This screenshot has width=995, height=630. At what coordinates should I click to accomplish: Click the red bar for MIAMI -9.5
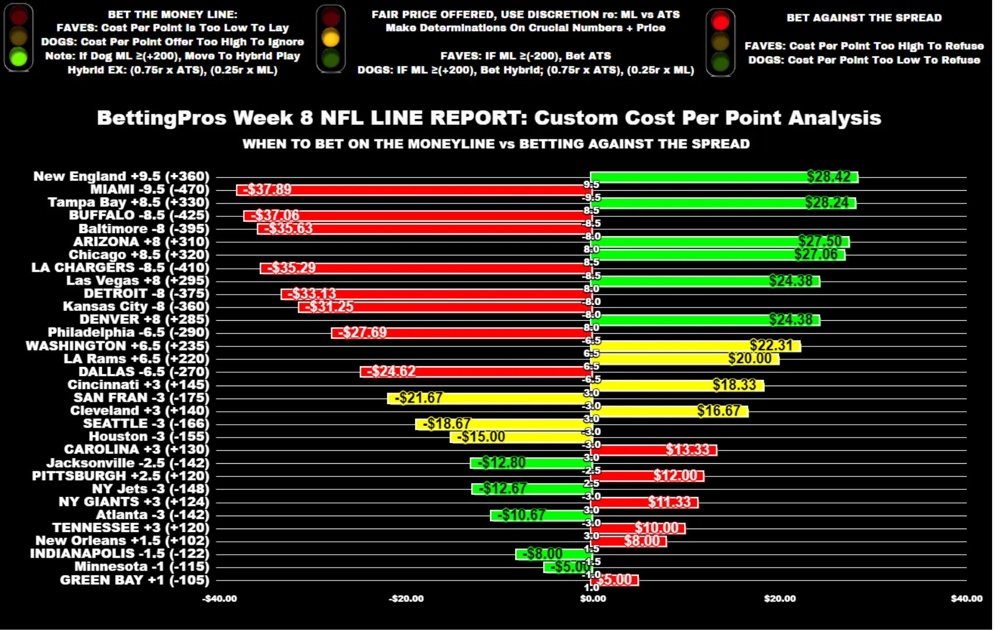pyautogui.click(x=415, y=190)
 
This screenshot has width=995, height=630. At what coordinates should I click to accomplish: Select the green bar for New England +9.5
pyautogui.click(x=724, y=177)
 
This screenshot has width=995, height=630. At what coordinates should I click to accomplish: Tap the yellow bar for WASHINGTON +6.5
pyautogui.click(x=695, y=346)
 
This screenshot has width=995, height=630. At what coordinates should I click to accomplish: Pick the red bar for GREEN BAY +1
pyautogui.click(x=614, y=580)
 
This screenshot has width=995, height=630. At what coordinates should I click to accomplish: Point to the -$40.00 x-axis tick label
pyautogui.click(x=220, y=598)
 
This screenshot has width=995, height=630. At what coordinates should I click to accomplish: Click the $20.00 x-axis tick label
pyautogui.click(x=780, y=598)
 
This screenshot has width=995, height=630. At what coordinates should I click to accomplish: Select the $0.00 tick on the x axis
pyautogui.click(x=593, y=598)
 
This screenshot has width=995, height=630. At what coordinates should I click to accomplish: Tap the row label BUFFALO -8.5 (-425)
pyautogui.click(x=139, y=215)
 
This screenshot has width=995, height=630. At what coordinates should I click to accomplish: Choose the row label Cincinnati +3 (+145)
pyautogui.click(x=138, y=385)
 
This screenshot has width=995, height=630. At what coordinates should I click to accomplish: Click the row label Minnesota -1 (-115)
pyautogui.click(x=142, y=566)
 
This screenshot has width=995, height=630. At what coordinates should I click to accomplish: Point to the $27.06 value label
pyautogui.click(x=816, y=254)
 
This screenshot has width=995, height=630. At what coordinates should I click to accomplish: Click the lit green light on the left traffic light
pyautogui.click(x=19, y=57)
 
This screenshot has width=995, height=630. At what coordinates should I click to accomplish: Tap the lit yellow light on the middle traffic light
pyautogui.click(x=330, y=38)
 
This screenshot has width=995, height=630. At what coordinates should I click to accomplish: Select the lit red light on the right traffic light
pyautogui.click(x=721, y=22)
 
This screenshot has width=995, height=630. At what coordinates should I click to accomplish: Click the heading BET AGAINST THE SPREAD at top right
pyautogui.click(x=864, y=18)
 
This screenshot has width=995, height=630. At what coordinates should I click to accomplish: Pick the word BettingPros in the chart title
pyautogui.click(x=161, y=118)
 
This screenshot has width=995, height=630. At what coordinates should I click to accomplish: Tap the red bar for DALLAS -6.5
pyautogui.click(x=476, y=372)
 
